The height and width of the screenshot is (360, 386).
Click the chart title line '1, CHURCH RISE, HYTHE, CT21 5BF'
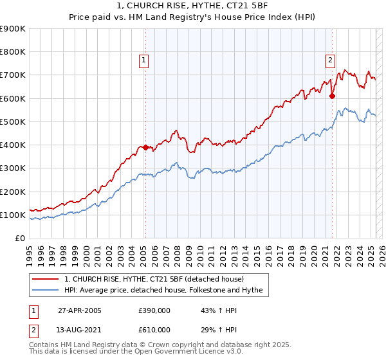(192, 6)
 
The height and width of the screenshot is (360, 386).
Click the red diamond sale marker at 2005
(145, 147)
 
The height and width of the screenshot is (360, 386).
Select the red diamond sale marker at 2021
(333, 96)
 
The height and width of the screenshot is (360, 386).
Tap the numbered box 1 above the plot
(143, 60)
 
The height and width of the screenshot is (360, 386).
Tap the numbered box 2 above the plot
(330, 60)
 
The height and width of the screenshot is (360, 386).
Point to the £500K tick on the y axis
(13, 122)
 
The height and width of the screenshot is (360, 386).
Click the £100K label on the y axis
(13, 215)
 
